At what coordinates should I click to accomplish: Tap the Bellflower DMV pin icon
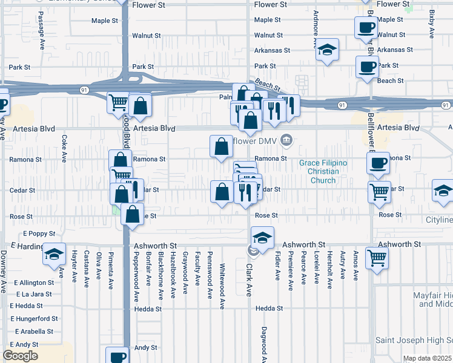287,141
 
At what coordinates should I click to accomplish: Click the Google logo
20,356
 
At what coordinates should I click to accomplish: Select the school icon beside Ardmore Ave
327,50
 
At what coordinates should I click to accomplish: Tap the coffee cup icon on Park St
367,67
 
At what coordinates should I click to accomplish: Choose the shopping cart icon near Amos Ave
377,258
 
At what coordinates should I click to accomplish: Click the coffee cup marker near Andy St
116,356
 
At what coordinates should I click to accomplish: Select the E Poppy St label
39,233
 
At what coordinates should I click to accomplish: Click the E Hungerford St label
35,318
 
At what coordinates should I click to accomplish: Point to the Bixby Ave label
431,22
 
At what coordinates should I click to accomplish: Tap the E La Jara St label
35,294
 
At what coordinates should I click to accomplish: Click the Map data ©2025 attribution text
427,358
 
